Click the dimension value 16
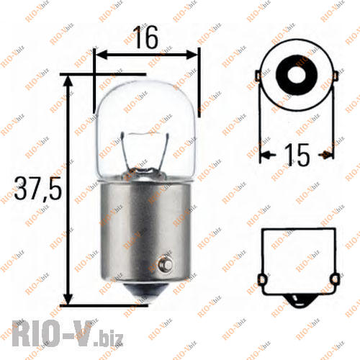[x=146, y=37]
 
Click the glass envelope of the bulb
[x=147, y=115]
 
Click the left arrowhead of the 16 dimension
[x=102, y=54]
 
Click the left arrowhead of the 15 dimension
[x=265, y=154]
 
